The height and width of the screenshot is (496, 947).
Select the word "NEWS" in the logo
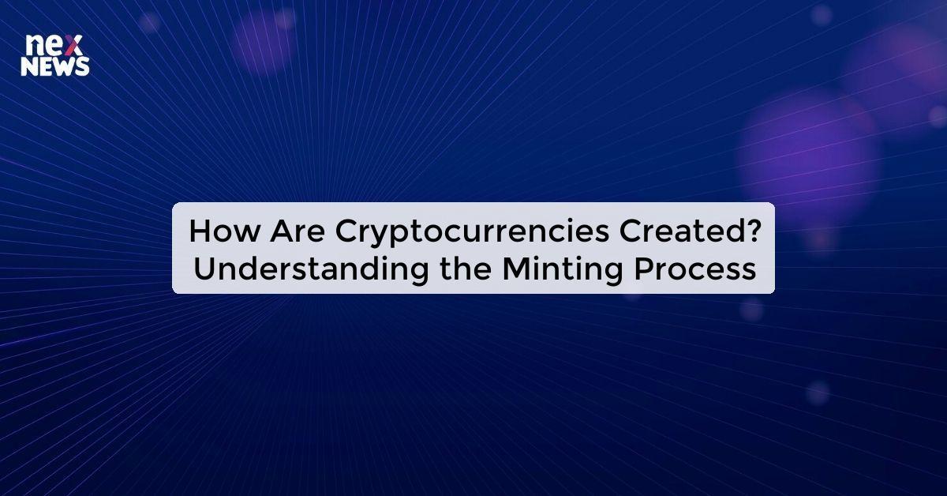click(54, 68)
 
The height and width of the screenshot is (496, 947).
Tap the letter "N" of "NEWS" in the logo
click(29, 68)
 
